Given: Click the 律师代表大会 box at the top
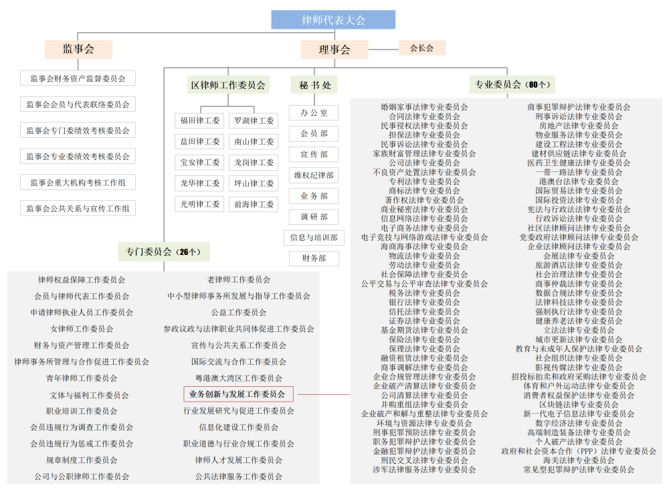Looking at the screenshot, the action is point(333,19).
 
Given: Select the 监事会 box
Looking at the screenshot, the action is point(78,49).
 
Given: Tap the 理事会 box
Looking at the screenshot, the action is point(334,50).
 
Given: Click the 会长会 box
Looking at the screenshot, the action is point(422,48).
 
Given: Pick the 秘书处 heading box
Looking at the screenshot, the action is point(314,85).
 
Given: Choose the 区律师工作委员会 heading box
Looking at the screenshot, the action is point(228,85).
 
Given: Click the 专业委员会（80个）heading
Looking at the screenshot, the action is point(512,84).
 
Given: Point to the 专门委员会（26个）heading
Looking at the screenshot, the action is point(164,252).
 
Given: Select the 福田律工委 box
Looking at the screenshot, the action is point(199,120).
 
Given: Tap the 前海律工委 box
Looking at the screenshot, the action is point(254,204).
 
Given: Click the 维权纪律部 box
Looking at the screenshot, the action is point(314,175).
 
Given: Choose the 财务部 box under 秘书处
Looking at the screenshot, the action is point(314,258).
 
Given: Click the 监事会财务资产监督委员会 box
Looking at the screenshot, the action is point(78,78).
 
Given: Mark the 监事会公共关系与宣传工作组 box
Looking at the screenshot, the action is point(78,208).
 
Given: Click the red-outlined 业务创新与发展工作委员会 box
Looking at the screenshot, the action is point(239,394).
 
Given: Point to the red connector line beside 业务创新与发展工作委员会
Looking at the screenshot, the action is point(324,394).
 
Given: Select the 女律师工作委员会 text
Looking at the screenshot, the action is point(82,329).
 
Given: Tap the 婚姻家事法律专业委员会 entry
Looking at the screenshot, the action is point(424,106).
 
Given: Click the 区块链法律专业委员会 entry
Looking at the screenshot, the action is point(579,404).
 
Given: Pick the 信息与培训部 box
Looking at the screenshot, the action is point(314,238).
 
